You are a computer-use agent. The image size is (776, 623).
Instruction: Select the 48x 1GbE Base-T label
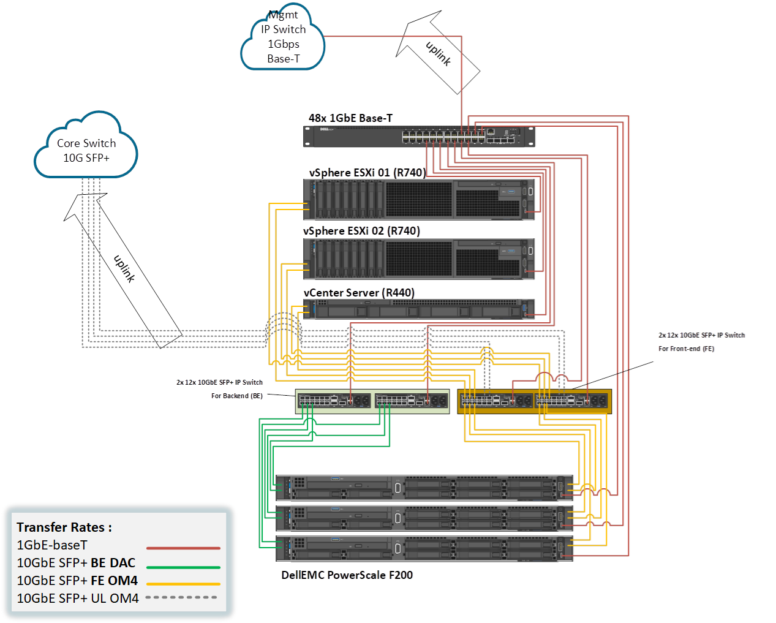pyautogui.click(x=351, y=118)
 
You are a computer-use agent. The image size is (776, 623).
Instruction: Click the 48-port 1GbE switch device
pyautogui.click(x=420, y=137)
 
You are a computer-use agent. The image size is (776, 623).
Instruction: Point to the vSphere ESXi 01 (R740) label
pyautogui.click(x=367, y=173)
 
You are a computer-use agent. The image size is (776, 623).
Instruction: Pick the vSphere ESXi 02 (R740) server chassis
pyautogui.click(x=420, y=259)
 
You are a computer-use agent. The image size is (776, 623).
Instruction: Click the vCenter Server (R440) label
pyautogui.click(x=360, y=293)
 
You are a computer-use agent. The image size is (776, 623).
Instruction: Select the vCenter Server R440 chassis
pyautogui.click(x=420, y=309)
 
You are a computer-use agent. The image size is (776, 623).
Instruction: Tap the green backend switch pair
pyautogui.click(x=372, y=401)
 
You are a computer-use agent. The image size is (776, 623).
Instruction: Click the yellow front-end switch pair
pyautogui.click(x=534, y=401)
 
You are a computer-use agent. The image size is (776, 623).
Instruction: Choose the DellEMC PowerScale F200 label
pyautogui.click(x=347, y=575)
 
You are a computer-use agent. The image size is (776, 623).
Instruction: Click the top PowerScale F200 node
pyautogui.click(x=424, y=488)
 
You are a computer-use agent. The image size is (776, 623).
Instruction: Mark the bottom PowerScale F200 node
pyautogui.click(x=424, y=548)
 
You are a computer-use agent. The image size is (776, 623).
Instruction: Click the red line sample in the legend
pyautogui.click(x=183, y=548)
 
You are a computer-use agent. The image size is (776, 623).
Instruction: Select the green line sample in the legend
pyautogui.click(x=183, y=567)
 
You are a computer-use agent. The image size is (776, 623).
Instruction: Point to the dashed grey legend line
pyautogui.click(x=181, y=597)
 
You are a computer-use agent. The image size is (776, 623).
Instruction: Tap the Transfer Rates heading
pyautogui.click(x=64, y=527)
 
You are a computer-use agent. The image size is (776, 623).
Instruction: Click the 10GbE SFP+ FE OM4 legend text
pyautogui.click(x=77, y=581)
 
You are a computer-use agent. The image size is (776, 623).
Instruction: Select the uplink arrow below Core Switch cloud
pyautogui.click(x=122, y=270)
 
